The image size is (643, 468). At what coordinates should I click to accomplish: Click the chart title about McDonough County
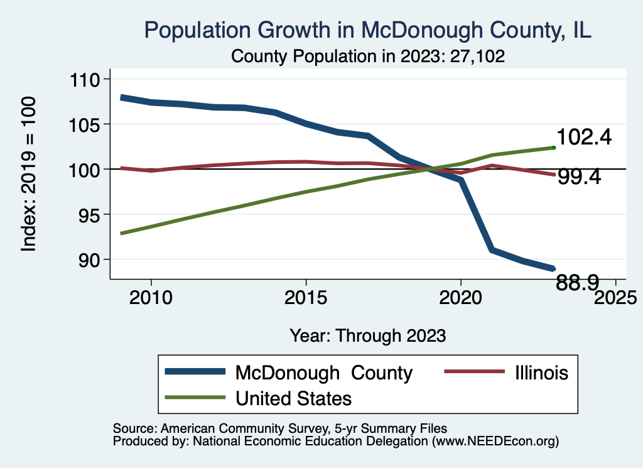click(368, 30)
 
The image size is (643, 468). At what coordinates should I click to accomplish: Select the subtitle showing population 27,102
click(368, 56)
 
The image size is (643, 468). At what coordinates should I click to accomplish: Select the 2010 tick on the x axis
click(151, 297)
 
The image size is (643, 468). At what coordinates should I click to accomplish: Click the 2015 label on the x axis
click(306, 297)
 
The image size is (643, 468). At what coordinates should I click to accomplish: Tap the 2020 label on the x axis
click(460, 297)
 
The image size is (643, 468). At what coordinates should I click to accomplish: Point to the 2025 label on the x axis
click(615, 297)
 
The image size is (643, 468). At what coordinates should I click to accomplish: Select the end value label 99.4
click(579, 177)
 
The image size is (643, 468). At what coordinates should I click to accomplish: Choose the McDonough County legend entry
click(323, 373)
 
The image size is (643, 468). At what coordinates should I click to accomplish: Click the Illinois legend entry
click(539, 373)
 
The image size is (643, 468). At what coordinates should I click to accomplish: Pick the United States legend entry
click(293, 398)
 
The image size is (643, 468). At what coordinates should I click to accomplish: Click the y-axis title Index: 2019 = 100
click(28, 174)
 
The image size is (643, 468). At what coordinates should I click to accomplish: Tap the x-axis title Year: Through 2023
click(368, 335)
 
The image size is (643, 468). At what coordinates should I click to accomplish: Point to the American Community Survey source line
click(280, 428)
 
